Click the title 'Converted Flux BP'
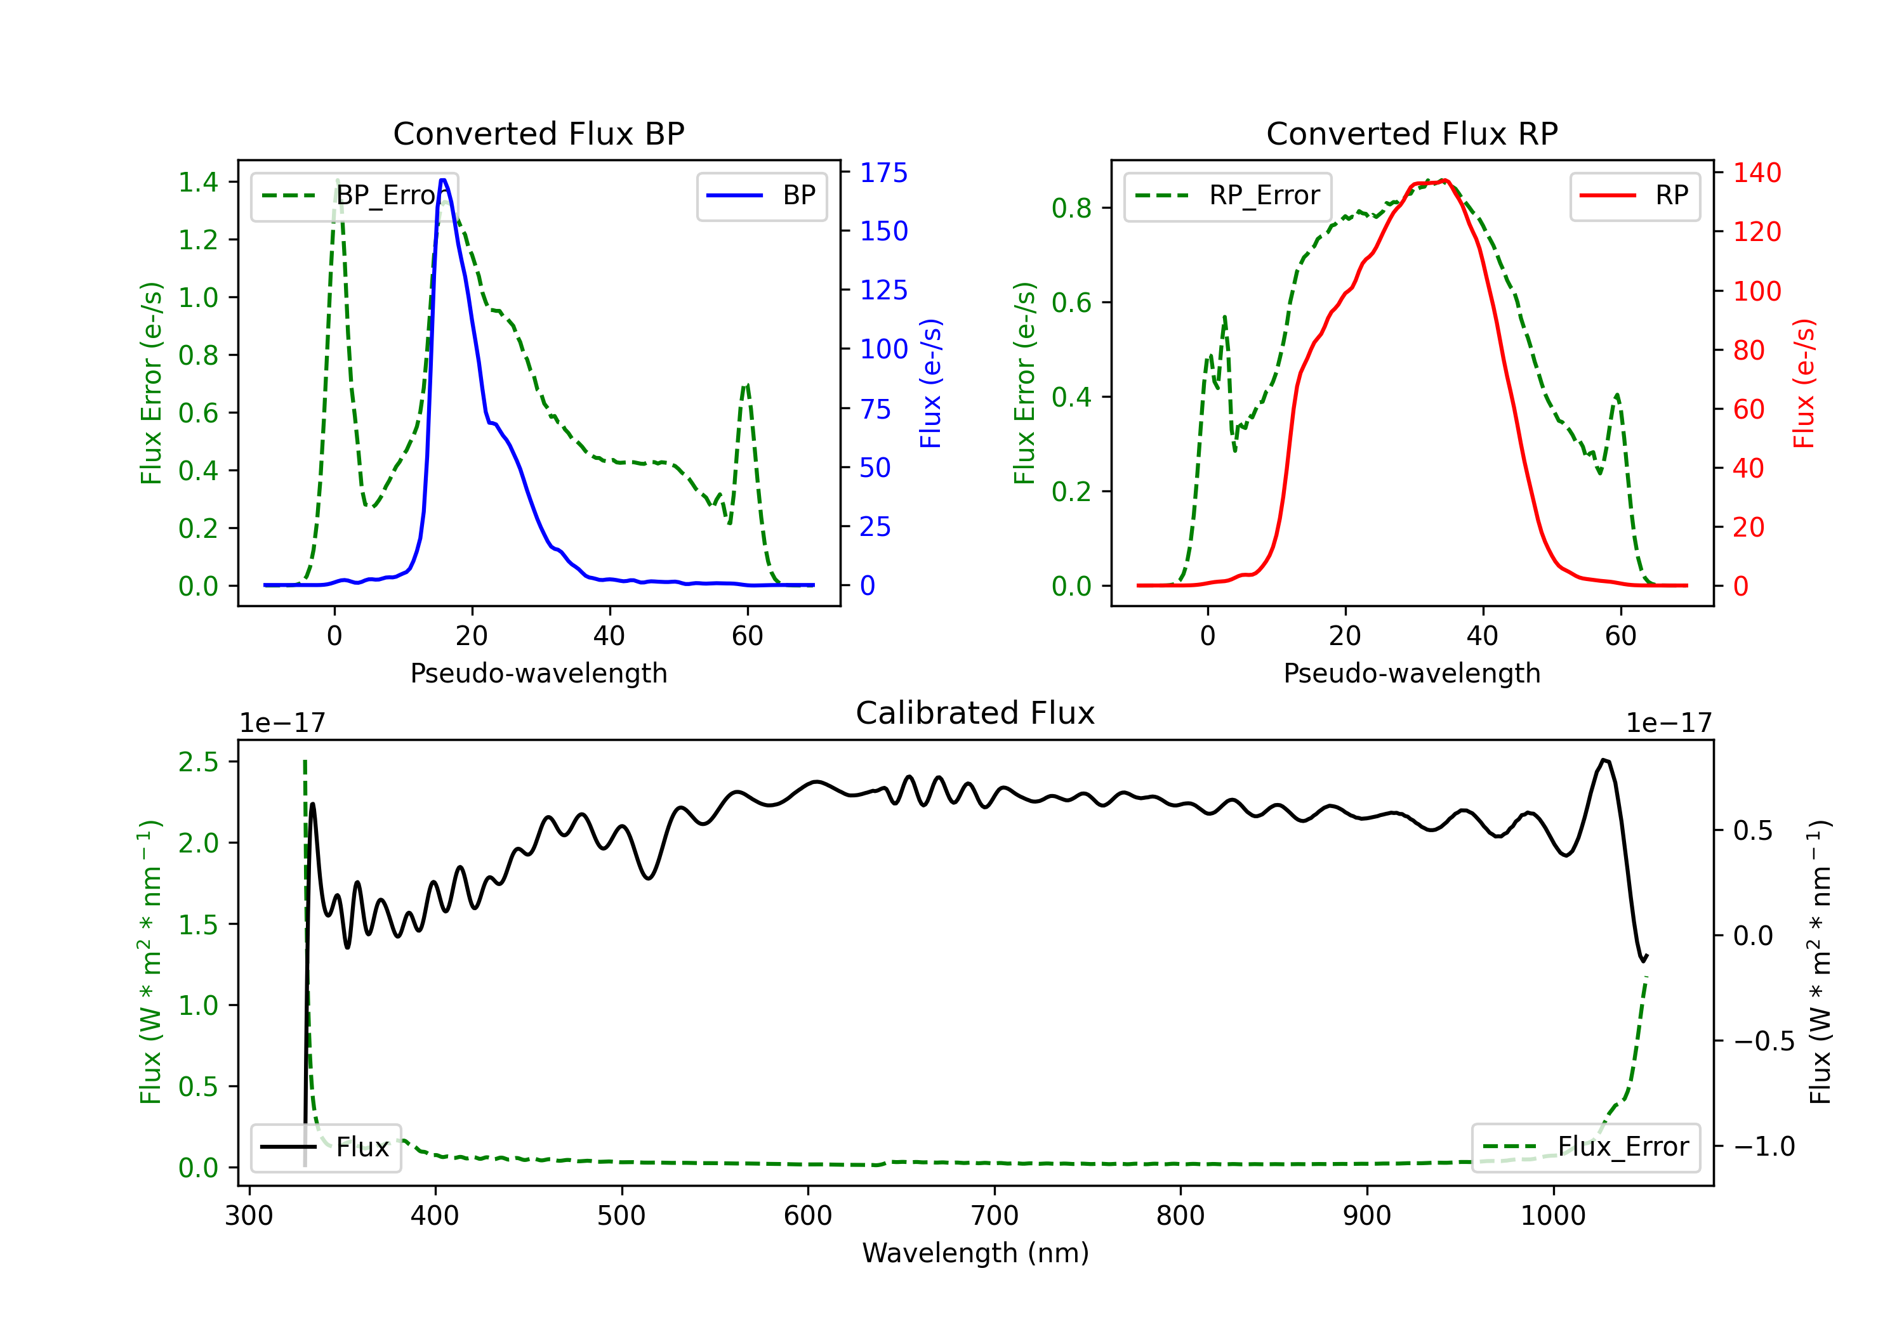(538, 133)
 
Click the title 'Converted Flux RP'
(1411, 133)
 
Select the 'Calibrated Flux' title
(975, 713)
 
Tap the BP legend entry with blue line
(761, 195)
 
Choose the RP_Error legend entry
(1227, 195)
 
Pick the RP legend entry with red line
(1634, 195)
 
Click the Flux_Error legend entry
(1585, 1147)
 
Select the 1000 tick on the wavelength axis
(1552, 1216)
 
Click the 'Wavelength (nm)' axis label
(975, 1253)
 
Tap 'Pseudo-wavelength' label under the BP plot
(538, 673)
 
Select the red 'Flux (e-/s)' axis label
(1804, 384)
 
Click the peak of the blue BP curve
(444, 180)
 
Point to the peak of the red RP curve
(1445, 180)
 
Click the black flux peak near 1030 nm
(1604, 760)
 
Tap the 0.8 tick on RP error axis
(1071, 208)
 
